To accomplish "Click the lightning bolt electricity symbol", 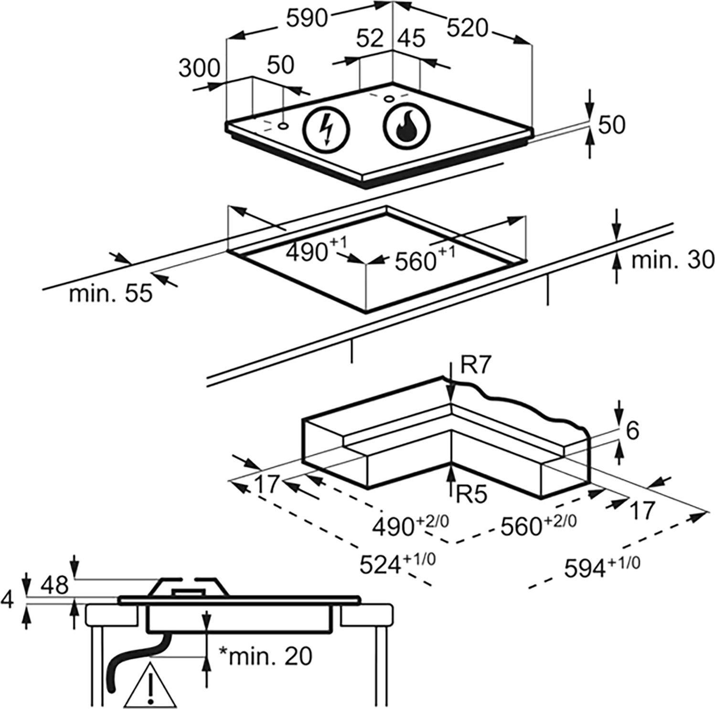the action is [327, 129].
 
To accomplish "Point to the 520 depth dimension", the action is [469, 29].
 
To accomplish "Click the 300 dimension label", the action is [199, 69].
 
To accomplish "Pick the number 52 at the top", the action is [371, 38].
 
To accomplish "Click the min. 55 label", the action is [111, 293].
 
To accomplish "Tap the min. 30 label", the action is [672, 260].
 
